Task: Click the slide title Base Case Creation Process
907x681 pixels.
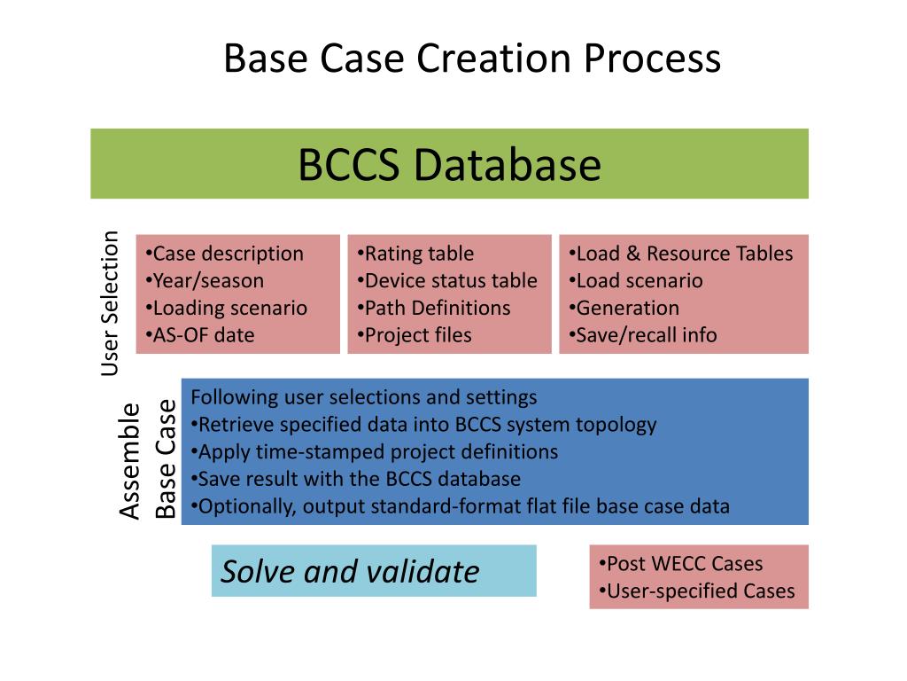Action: pyautogui.click(x=472, y=59)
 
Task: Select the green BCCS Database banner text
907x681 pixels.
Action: pyautogui.click(x=449, y=165)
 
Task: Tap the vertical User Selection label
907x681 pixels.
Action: pyautogui.click(x=110, y=303)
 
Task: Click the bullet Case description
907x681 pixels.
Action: pyautogui.click(x=224, y=254)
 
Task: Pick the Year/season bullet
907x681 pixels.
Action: pyautogui.click(x=205, y=281)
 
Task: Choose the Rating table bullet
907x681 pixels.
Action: pyautogui.click(x=415, y=254)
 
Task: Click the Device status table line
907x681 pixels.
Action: pyautogui.click(x=447, y=281)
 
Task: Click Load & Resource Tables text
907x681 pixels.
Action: pyautogui.click(x=680, y=254)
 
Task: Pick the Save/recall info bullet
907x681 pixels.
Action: pyautogui.click(x=642, y=335)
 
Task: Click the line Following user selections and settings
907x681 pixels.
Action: pyautogui.click(x=364, y=396)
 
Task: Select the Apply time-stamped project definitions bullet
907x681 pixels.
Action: pyautogui.click(x=375, y=451)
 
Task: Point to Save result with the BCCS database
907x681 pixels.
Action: pyautogui.click(x=355, y=479)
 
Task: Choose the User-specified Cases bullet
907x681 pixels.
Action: pyautogui.click(x=697, y=591)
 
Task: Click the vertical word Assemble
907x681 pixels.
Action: pyautogui.click(x=129, y=461)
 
